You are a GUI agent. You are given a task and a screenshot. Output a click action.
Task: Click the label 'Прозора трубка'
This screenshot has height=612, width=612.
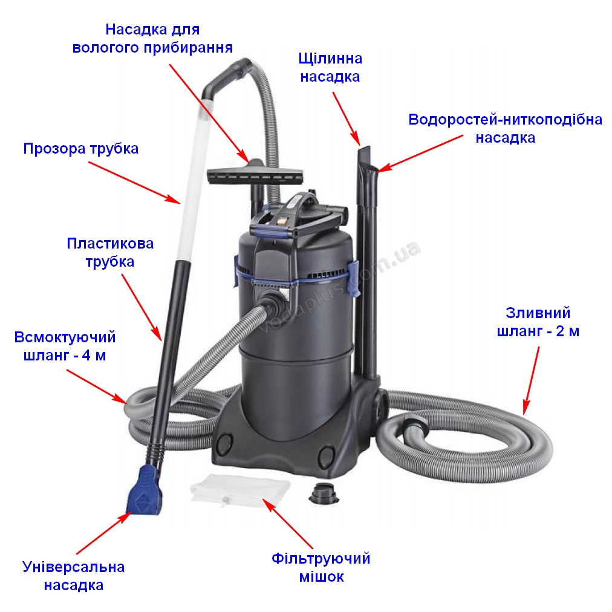point(81,149)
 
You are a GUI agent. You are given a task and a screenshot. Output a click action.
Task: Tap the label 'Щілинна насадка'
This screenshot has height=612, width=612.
point(330,68)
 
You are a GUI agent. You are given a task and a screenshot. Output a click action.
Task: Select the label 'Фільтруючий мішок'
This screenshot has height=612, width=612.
point(321,567)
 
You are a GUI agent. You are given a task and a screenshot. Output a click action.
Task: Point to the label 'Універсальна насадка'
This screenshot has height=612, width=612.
point(73,576)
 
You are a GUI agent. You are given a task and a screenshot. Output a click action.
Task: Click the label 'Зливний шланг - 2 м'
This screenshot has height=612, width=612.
point(538,322)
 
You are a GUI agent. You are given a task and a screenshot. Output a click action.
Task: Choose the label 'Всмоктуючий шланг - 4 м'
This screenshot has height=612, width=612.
point(65,346)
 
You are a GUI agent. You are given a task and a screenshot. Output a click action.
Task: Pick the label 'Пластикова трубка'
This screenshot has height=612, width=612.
point(110,253)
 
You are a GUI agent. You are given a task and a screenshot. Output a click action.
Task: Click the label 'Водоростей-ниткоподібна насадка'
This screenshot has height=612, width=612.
point(505,128)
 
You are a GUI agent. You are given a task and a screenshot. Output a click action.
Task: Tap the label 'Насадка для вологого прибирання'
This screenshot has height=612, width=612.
point(152,38)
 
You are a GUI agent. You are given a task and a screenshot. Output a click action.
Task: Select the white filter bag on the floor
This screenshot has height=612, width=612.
point(241,490)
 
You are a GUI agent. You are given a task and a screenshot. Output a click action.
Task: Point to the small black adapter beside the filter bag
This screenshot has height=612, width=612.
point(324,493)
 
